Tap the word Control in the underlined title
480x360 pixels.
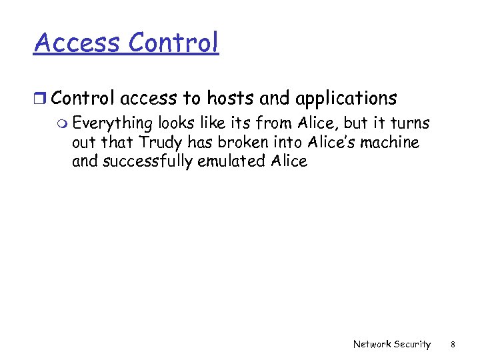174,43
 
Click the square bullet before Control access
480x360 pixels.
41,99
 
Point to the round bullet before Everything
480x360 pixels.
62,124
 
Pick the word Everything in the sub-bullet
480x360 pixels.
113,124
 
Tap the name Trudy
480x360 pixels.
160,143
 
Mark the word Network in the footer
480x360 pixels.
371,344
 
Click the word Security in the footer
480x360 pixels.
412,344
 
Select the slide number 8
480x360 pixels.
453,344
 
